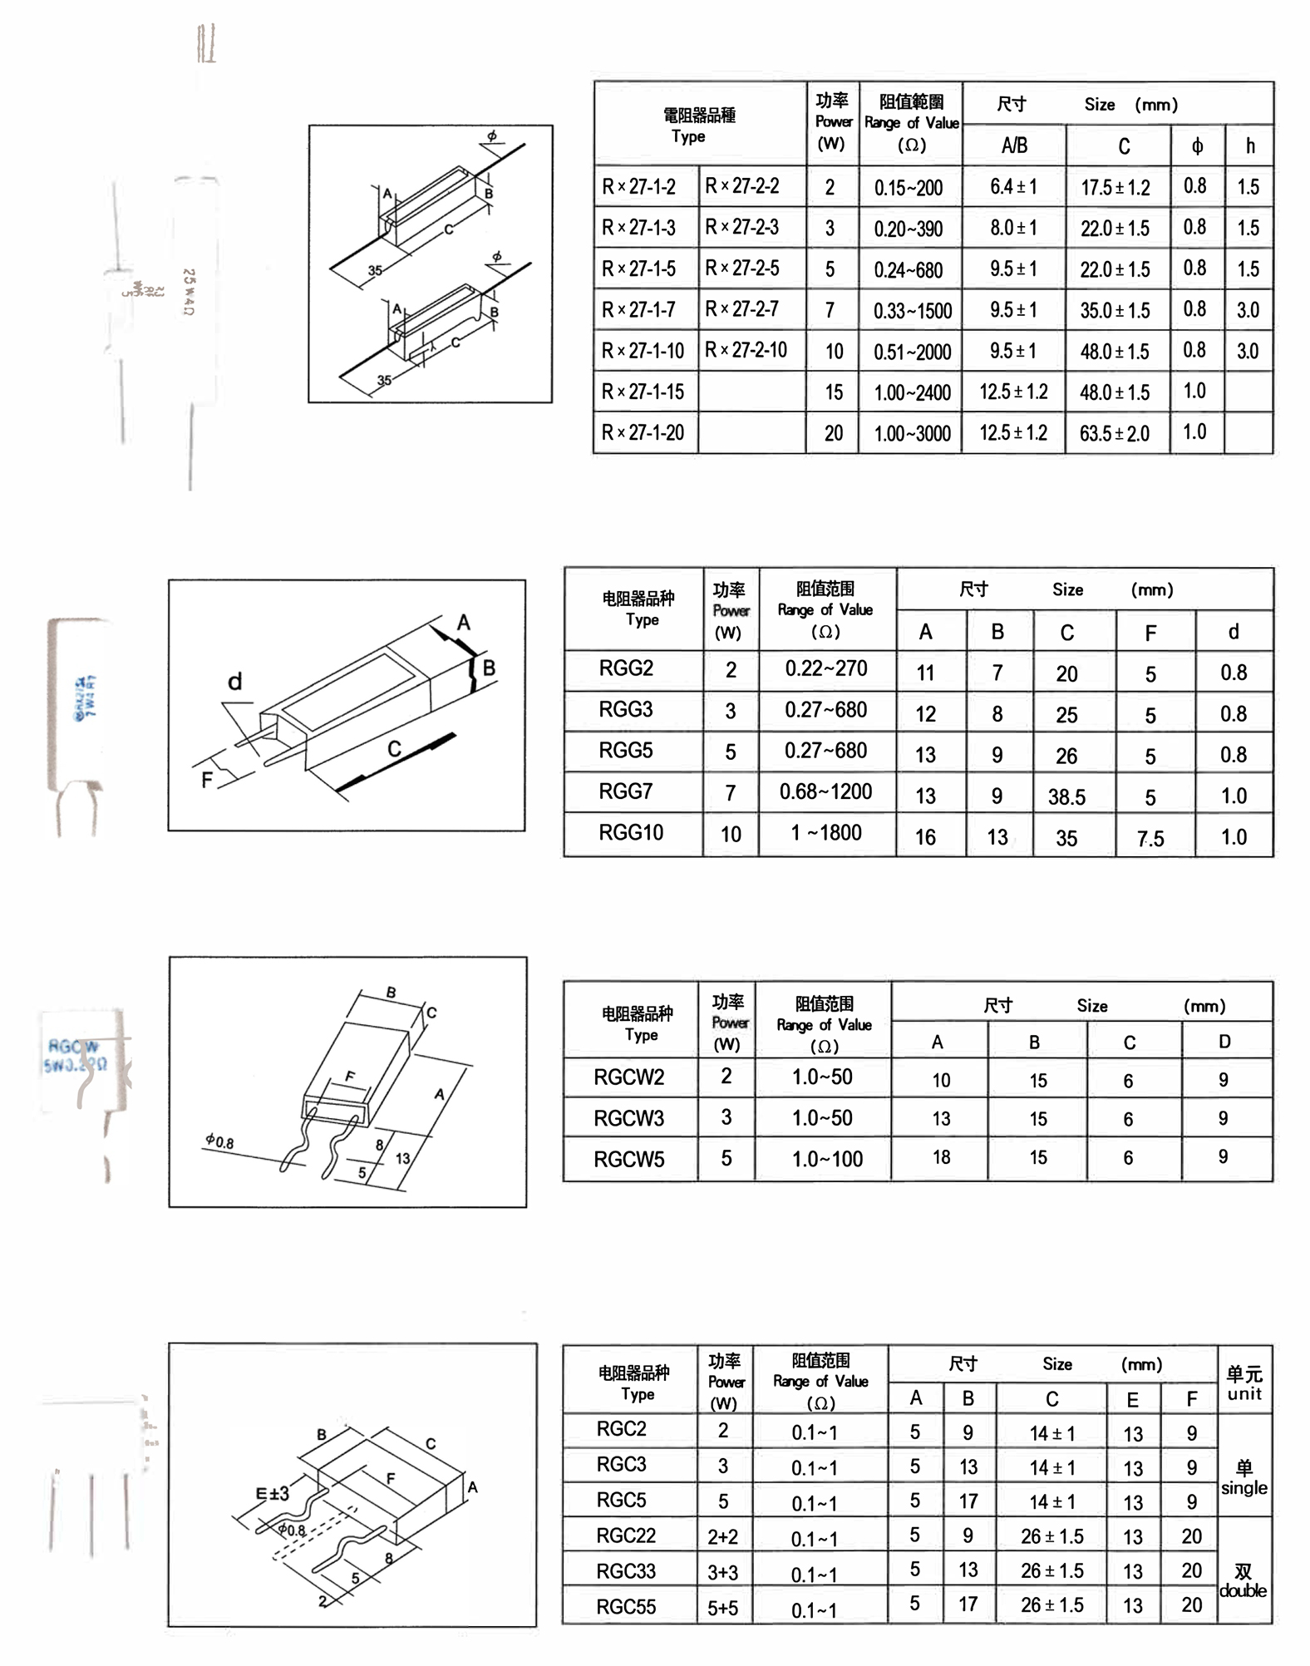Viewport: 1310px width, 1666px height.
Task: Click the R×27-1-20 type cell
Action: click(643, 433)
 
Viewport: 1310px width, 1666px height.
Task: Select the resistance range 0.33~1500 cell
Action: click(912, 311)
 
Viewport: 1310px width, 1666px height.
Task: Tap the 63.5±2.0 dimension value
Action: click(1114, 433)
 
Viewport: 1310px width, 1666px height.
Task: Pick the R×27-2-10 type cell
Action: click(746, 350)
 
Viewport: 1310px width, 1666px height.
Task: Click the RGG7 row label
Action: click(626, 791)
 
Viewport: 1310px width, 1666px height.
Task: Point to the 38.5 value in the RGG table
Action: click(1066, 797)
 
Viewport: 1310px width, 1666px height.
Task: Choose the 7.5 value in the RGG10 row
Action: click(1150, 838)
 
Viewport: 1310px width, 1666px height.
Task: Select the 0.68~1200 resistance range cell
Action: click(825, 791)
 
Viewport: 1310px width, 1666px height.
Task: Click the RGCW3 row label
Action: click(628, 1118)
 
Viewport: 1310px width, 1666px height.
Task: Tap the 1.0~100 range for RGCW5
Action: click(827, 1159)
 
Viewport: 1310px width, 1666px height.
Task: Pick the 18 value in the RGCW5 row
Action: click(941, 1157)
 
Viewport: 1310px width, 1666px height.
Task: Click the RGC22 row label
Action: click(626, 1535)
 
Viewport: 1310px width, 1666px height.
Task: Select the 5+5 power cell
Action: click(722, 1608)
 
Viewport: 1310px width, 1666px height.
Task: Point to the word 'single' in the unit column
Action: click(1244, 1487)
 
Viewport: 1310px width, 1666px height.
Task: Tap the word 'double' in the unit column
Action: click(1243, 1590)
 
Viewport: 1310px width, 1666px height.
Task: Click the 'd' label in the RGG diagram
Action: click(235, 682)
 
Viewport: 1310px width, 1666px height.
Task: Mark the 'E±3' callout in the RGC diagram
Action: click(272, 1494)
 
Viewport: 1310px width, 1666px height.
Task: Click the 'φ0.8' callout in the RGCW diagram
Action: click(219, 1142)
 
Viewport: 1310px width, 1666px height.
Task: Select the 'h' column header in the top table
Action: click(1249, 146)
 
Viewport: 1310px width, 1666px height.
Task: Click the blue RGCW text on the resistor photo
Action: click(72, 1046)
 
